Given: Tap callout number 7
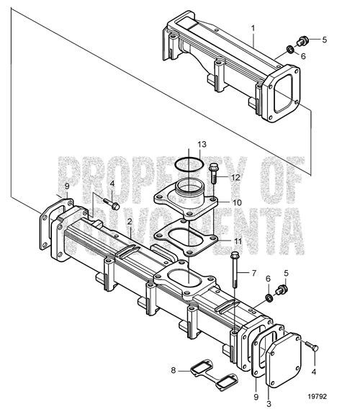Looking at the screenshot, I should point(253,274).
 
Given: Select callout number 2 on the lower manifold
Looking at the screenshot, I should point(129,221).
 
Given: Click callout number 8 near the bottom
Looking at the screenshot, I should point(174,370).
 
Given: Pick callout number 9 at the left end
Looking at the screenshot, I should point(67,187).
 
